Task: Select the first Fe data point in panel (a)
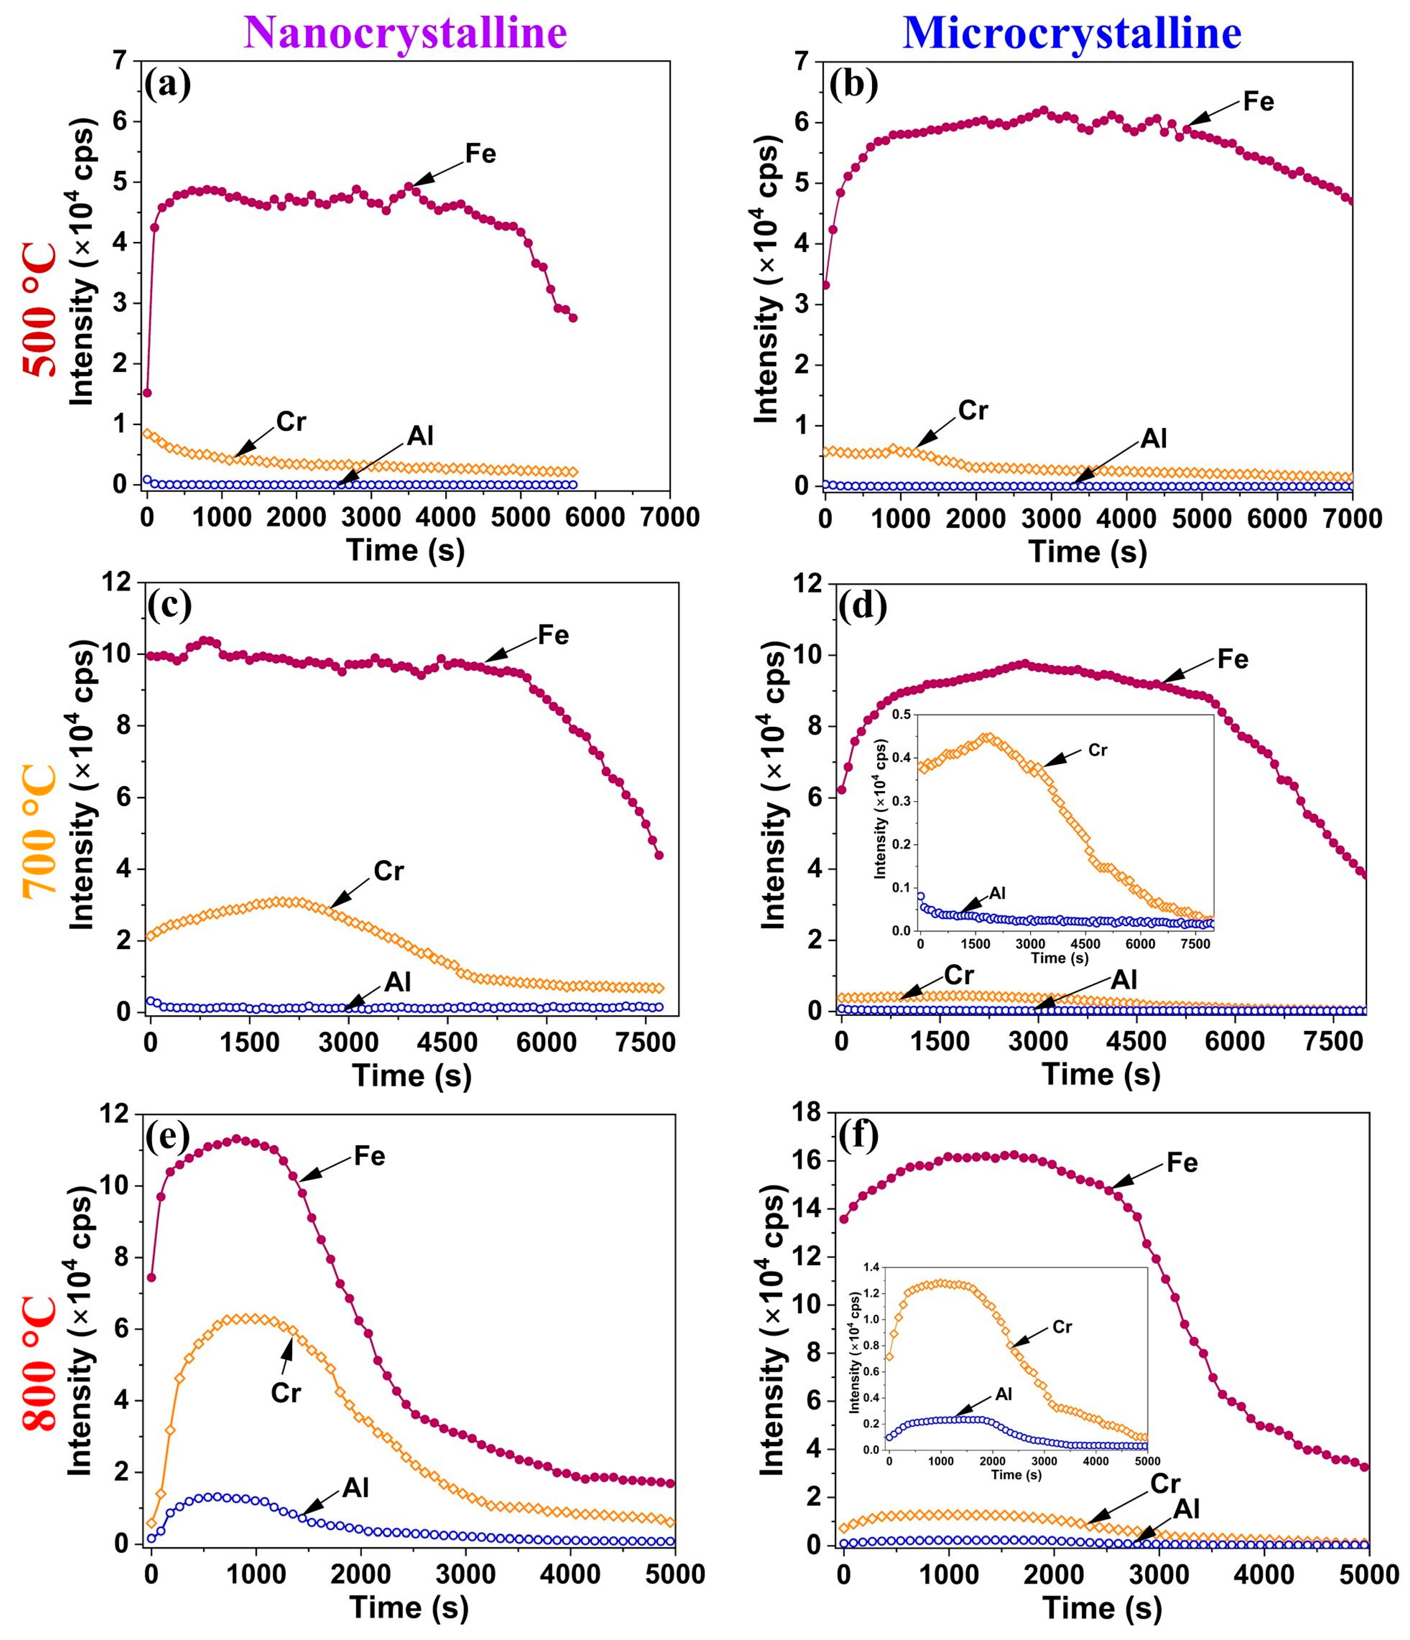pos(147,392)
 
